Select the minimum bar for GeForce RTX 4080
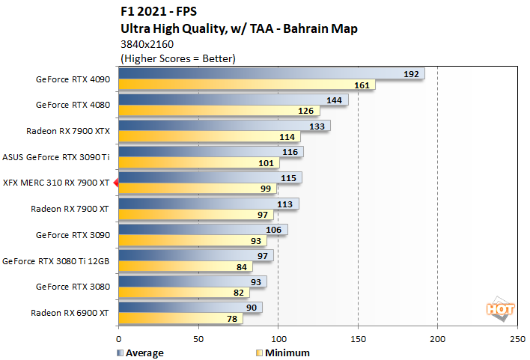coord(219,111)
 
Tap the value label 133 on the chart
coord(316,126)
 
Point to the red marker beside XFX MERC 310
coord(115,182)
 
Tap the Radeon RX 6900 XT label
coord(70,312)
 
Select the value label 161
coord(361,85)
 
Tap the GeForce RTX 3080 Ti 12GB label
coord(57,260)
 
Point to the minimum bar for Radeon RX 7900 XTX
coord(209,137)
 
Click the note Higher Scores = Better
coord(177,58)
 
